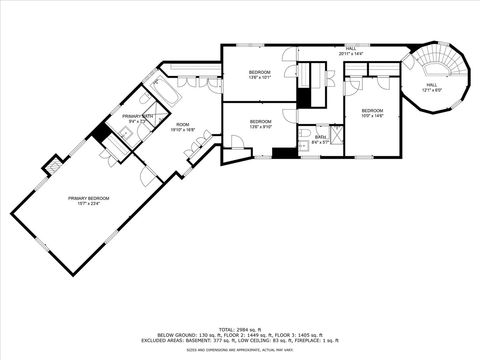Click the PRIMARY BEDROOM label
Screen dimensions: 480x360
[x=88, y=198]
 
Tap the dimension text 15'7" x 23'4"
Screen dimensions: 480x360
[x=88, y=204]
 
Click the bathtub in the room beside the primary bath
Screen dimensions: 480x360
[x=166, y=91]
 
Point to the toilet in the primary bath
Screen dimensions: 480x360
[x=145, y=98]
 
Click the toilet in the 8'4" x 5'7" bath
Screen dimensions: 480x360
[x=305, y=132]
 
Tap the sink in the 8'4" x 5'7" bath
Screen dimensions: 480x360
[x=304, y=145]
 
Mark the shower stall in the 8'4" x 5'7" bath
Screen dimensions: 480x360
[x=337, y=134]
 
